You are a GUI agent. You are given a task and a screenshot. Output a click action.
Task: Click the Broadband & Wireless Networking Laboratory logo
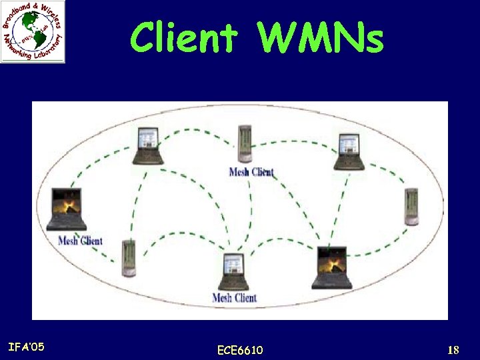[x=33, y=32]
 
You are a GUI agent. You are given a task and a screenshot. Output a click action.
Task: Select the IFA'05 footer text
[x=26, y=347]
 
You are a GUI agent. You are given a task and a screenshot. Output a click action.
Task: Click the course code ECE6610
[x=240, y=350]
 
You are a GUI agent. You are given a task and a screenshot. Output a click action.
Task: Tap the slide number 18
[x=453, y=350]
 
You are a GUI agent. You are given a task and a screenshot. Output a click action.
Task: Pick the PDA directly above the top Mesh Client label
[x=246, y=143]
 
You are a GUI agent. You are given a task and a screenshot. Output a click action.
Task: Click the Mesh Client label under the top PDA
[x=251, y=172]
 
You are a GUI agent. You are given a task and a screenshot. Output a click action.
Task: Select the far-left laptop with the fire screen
[x=66, y=209]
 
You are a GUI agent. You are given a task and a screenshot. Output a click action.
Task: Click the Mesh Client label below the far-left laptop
[x=80, y=241]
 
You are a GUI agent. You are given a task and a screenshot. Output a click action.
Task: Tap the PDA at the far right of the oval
[x=411, y=207]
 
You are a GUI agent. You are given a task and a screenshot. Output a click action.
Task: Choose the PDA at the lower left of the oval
[x=128, y=258]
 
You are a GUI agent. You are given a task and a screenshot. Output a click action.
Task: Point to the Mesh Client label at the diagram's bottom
[x=234, y=298]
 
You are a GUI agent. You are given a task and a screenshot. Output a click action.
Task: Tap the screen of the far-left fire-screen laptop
[x=66, y=202]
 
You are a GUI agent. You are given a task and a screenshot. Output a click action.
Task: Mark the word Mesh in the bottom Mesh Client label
[x=222, y=298]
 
